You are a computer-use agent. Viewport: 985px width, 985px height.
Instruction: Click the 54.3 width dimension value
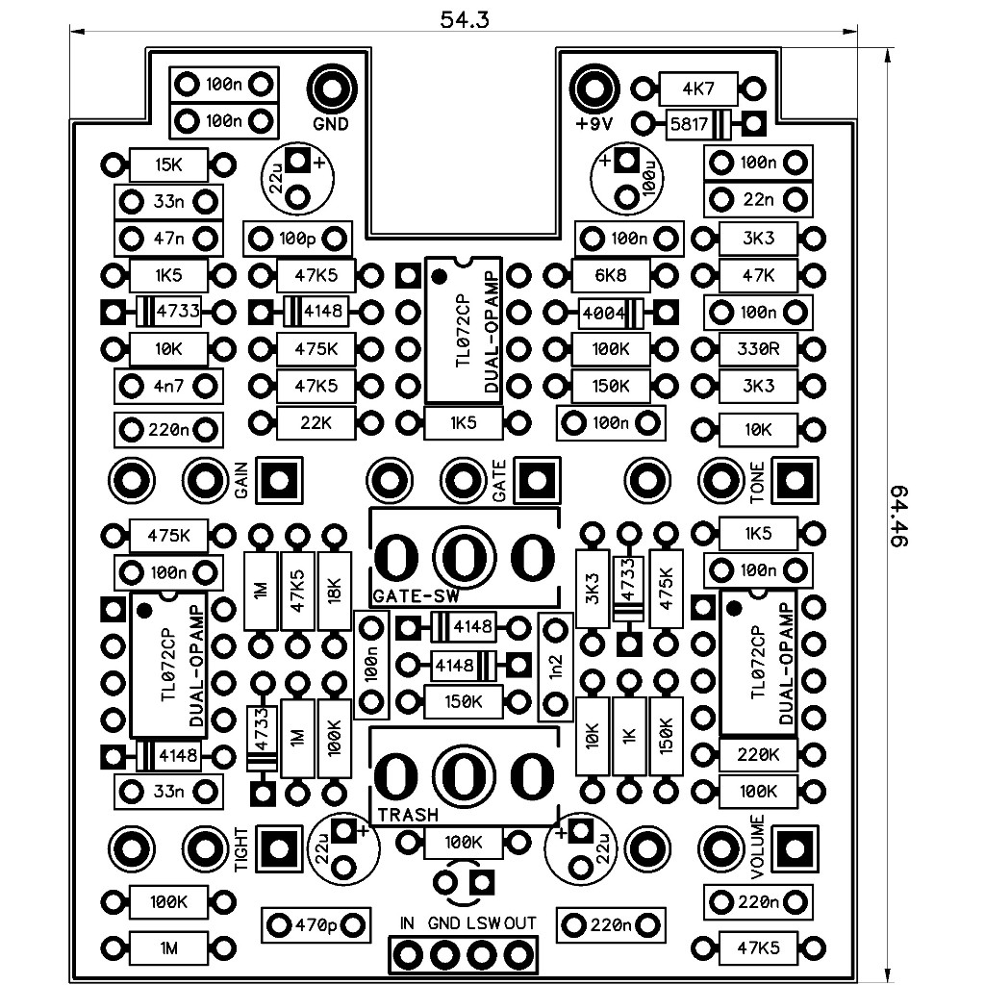click(465, 19)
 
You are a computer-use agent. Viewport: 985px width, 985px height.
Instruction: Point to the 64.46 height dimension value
click(899, 516)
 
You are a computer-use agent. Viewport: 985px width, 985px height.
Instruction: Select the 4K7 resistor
click(698, 88)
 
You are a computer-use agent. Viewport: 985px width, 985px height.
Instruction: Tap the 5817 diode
click(698, 124)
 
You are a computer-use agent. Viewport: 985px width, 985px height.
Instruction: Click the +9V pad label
click(594, 124)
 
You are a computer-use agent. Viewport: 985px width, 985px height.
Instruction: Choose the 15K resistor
click(168, 165)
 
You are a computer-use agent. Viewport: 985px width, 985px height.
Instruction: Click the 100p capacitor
click(297, 239)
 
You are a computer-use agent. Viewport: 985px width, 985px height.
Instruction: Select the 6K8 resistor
click(611, 275)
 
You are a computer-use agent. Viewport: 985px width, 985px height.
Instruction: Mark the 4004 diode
click(612, 312)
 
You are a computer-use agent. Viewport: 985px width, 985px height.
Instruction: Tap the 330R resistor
click(758, 348)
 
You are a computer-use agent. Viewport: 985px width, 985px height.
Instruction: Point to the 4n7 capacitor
click(168, 387)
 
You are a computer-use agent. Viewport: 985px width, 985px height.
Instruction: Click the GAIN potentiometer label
click(241, 481)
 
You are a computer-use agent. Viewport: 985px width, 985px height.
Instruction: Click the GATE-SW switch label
click(416, 596)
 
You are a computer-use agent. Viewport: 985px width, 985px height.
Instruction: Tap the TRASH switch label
click(408, 815)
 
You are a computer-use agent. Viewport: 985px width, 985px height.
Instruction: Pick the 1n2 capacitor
click(555, 668)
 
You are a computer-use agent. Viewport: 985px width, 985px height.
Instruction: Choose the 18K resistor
click(334, 591)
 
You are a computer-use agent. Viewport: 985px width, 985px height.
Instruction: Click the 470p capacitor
click(316, 924)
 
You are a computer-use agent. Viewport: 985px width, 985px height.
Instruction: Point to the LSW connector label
click(484, 923)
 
